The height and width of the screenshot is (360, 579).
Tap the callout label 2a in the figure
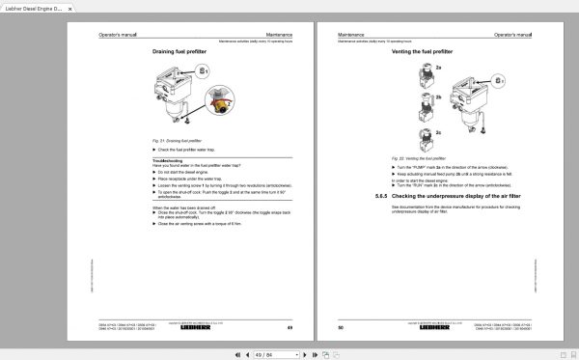point(437,68)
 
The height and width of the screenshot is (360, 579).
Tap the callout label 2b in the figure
point(437,97)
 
